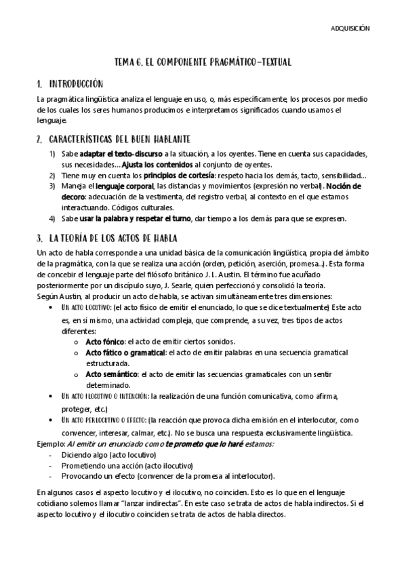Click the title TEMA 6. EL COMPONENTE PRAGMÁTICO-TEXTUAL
pos(203,62)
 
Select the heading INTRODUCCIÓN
pos(75,84)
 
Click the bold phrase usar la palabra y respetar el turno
pos(137,218)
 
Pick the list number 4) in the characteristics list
pos(52,218)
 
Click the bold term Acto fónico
pos(105,342)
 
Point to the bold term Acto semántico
pos(111,374)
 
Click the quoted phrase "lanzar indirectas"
pos(173,503)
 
